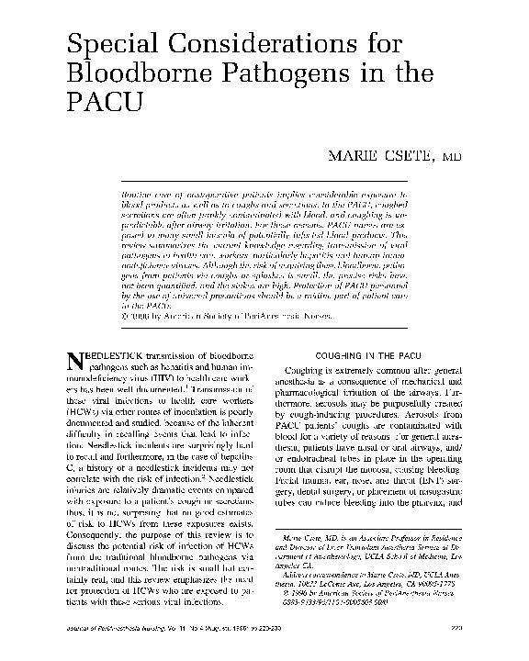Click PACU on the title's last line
click(102, 105)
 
